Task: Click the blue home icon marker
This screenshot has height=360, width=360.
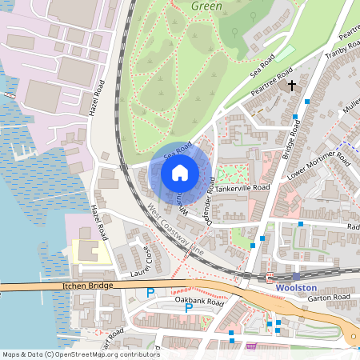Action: click(180, 173)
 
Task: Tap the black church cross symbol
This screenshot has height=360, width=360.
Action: click(292, 84)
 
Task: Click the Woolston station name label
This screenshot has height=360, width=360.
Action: click(297, 287)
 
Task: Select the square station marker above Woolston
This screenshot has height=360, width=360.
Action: click(296, 276)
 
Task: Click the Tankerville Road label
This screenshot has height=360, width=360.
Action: click(245, 187)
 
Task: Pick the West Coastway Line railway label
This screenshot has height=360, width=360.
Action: click(176, 231)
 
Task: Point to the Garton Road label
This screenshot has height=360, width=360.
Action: click(330, 298)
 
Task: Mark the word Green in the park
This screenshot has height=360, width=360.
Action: click(207, 5)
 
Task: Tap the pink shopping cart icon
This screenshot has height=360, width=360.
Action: click(251, 346)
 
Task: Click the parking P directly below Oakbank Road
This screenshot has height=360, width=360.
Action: click(189, 308)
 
